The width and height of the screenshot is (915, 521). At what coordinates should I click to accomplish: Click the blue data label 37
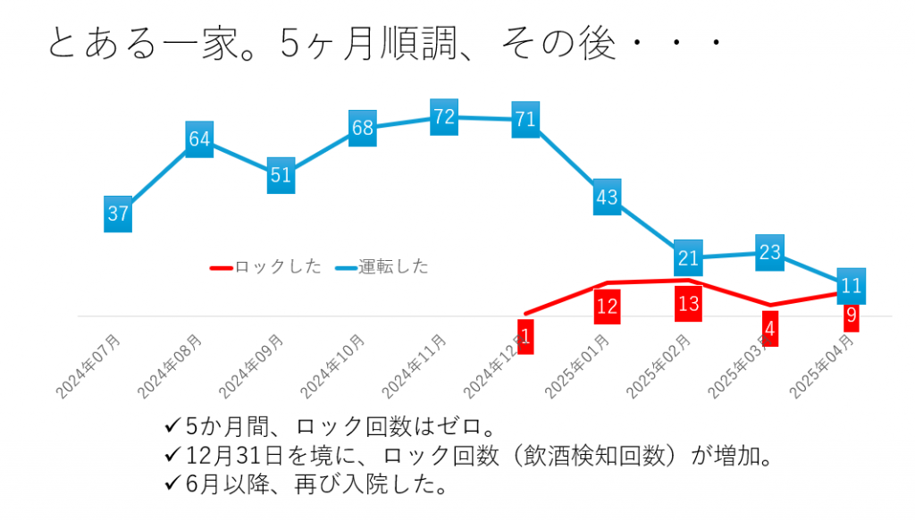pos(118,214)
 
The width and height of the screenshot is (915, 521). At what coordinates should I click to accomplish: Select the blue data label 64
pos(199,139)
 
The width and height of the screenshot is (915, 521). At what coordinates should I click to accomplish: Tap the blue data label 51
pos(281,175)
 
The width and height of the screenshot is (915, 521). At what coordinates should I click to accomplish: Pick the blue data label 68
pos(362,129)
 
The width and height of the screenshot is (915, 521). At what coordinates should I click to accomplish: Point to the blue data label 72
pos(444,117)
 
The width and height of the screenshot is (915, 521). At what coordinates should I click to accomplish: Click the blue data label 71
pos(525,120)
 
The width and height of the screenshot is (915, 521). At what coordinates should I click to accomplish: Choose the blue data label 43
pos(607,197)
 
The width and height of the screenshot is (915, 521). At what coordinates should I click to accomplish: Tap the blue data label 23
pos(769,253)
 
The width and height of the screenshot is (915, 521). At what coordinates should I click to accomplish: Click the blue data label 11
pos(852,286)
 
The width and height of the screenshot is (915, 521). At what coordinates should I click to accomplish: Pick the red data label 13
pos(688,304)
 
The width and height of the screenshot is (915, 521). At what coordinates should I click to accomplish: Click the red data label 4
pos(769,328)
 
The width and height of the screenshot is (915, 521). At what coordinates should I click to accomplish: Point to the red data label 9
pos(852,315)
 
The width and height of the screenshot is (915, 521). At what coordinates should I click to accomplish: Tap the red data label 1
pos(525,337)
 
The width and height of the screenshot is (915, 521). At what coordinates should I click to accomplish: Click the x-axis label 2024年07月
pos(89,366)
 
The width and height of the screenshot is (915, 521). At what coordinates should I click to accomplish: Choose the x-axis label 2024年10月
pos(333,366)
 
